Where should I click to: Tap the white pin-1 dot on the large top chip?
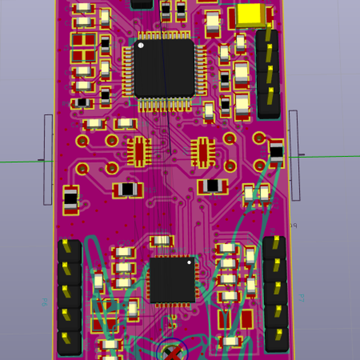141,45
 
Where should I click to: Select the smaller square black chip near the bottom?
172,280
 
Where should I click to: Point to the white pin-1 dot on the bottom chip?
189,262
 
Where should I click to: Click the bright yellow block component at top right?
251,16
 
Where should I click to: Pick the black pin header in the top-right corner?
268,73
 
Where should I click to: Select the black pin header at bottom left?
70,297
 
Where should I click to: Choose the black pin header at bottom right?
275,293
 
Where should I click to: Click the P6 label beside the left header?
44,302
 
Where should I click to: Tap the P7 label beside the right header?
301,298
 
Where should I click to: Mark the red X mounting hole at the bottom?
173,352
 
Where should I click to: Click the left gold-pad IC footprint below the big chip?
139,151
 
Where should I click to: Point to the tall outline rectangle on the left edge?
48,160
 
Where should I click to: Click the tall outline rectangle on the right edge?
294,155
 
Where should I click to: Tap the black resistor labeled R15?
128,190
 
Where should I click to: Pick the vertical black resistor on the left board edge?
71,200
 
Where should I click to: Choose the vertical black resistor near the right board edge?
276,152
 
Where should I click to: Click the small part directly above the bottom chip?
162,241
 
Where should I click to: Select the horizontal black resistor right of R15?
212,186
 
